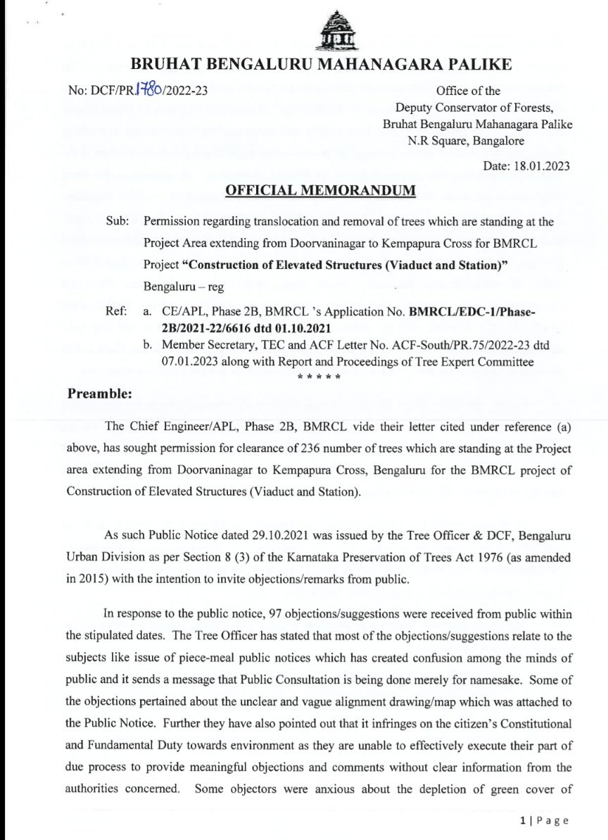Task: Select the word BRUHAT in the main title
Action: (166, 65)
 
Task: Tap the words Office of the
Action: (469, 91)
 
